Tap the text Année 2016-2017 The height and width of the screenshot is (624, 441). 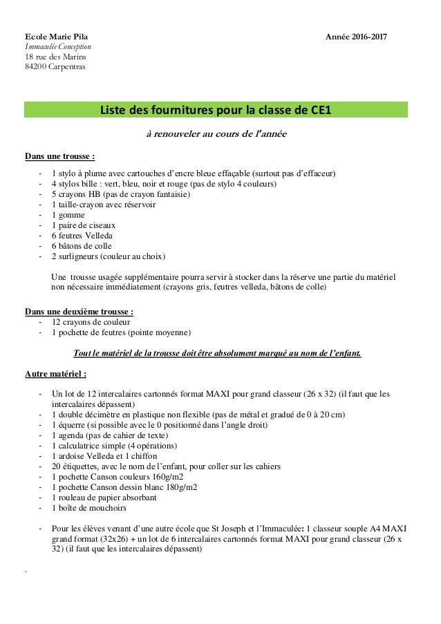(x=357, y=36)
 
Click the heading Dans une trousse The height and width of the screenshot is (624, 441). (x=59, y=156)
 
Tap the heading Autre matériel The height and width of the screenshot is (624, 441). (x=55, y=375)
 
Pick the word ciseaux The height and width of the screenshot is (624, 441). (x=101, y=225)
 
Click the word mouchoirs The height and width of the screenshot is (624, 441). (x=108, y=508)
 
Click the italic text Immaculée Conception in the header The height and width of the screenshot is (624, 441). (x=59, y=46)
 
